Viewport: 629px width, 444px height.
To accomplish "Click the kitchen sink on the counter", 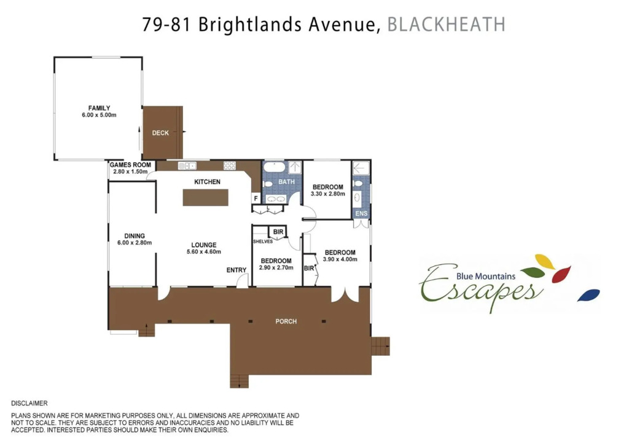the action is (187, 166).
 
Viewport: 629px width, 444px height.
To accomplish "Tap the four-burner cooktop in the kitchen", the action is (230, 166).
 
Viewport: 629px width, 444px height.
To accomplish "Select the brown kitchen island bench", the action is (205, 198).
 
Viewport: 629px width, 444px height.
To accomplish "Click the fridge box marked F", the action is (256, 198).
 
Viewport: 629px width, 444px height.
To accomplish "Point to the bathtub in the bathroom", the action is (275, 167).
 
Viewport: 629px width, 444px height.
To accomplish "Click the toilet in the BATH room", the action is (268, 184).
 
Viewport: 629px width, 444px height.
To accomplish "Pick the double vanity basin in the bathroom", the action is (275, 199).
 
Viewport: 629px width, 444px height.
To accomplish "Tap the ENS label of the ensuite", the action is (361, 213).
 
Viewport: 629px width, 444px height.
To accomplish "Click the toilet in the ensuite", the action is (358, 184).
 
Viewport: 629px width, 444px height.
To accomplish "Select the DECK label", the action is (160, 133).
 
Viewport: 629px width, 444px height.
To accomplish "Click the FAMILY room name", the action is (99, 108).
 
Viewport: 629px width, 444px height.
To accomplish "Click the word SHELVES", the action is (263, 242).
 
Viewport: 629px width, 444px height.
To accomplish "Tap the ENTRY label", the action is (236, 270).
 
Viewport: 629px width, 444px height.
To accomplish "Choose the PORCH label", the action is (286, 321).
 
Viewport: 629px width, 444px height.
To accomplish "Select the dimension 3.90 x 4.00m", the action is (340, 259).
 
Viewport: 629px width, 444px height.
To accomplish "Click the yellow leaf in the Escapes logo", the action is (545, 261).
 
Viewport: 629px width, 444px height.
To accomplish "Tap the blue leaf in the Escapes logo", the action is (588, 295).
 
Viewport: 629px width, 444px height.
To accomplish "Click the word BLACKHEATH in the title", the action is (446, 25).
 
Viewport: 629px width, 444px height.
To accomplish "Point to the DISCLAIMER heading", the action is (29, 404).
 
